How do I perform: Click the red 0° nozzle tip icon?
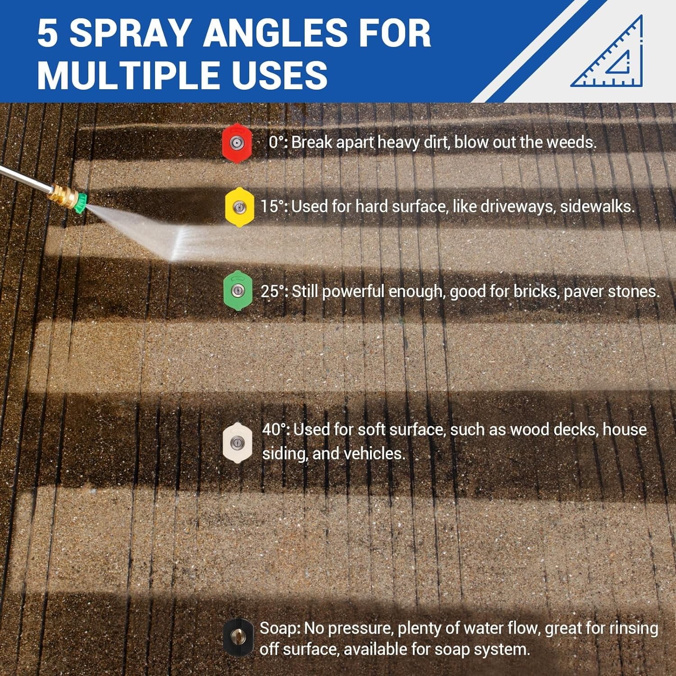tap(236, 143)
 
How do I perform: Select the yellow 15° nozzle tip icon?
tap(239, 207)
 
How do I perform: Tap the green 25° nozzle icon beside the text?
tap(238, 291)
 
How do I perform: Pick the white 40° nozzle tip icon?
tap(237, 442)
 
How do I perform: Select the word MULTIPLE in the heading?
tap(130, 74)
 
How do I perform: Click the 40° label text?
tap(275, 429)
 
